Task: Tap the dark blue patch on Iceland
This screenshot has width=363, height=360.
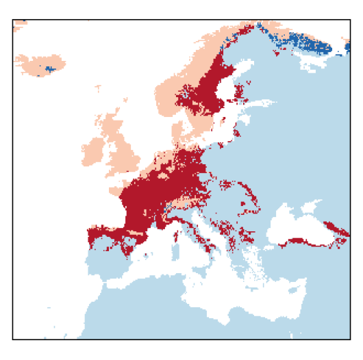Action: pos(49,68)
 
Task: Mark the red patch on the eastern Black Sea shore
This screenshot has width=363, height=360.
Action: pos(336,227)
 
